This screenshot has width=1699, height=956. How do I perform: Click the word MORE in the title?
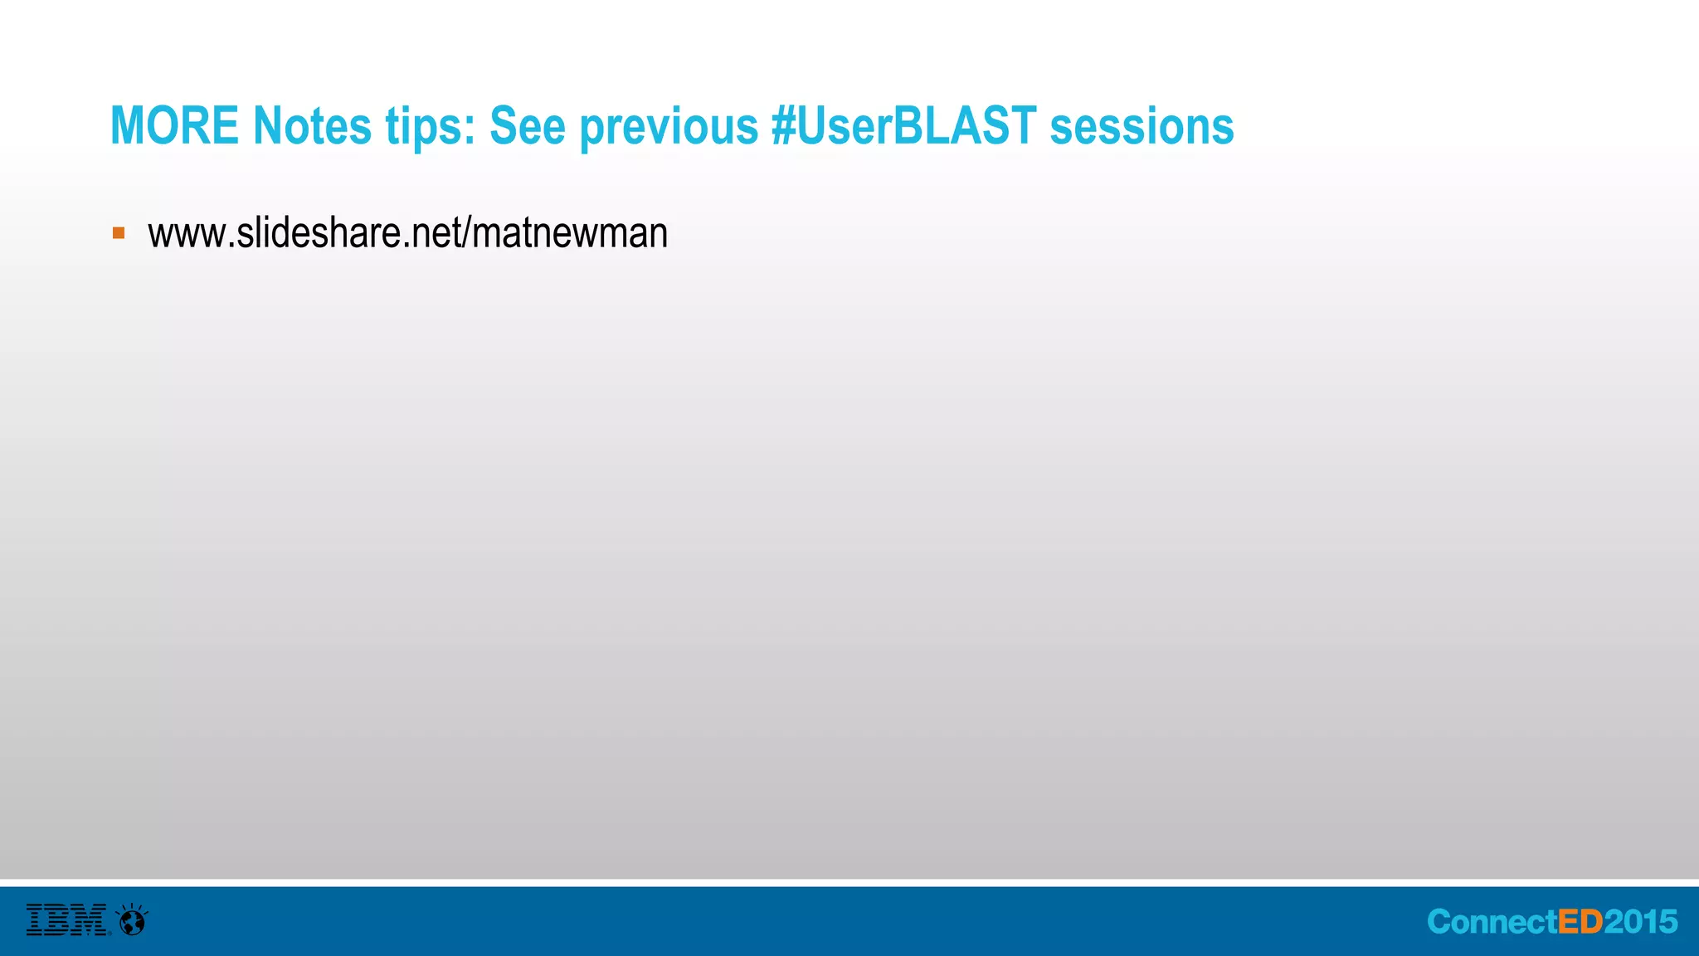[174, 126]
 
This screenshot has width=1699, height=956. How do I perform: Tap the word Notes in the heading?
[312, 126]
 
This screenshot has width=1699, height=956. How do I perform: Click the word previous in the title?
[669, 128]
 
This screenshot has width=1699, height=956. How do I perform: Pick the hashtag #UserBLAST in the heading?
[903, 126]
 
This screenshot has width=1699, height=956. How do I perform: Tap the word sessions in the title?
[1142, 126]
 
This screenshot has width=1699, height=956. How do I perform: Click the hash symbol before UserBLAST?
[784, 126]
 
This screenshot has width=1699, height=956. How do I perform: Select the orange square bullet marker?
[119, 233]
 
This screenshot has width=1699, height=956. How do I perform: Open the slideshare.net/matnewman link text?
[407, 233]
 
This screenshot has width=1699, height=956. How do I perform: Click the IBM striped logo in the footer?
[66, 919]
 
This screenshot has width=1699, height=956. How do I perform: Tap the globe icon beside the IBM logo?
[132, 919]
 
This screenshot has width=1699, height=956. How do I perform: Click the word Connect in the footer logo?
[1492, 922]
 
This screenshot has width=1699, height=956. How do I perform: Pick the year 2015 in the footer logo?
[1640, 922]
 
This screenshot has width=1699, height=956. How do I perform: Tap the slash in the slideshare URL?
[467, 233]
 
